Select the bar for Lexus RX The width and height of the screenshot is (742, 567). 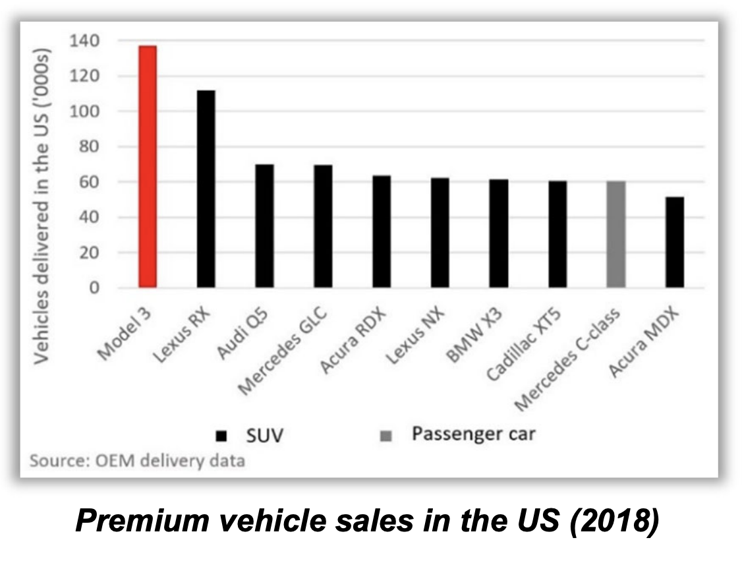pyautogui.click(x=206, y=189)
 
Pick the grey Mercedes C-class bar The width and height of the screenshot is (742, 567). pyautogui.click(x=615, y=234)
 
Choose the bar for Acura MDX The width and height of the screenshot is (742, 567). pyautogui.click(x=674, y=242)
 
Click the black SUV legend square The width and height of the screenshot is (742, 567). pyautogui.click(x=221, y=436)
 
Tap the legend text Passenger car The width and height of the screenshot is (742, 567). pyautogui.click(x=473, y=434)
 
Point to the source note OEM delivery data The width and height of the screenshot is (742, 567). pyautogui.click(x=137, y=460)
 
